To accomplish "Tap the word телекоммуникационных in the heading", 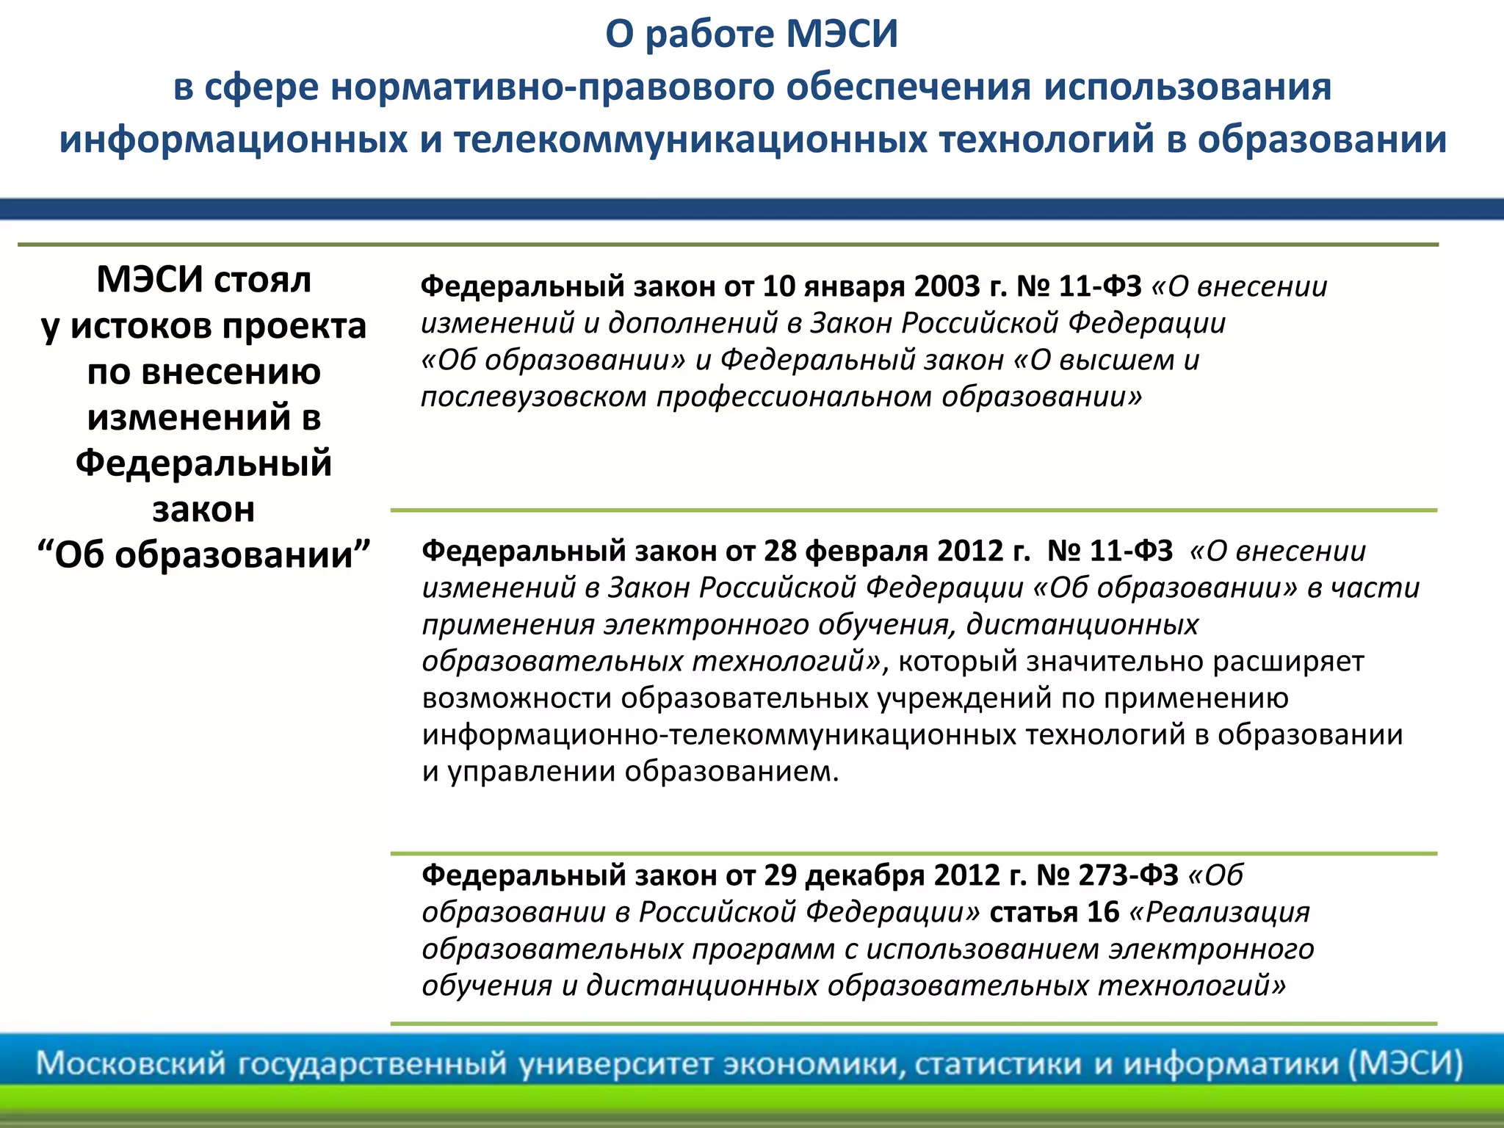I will pyautogui.click(x=690, y=140).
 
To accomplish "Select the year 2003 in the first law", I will pyautogui.click(x=947, y=286).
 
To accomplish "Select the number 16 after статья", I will pyautogui.click(x=1103, y=912).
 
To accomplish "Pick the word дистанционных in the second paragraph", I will pyautogui.click(x=1082, y=624).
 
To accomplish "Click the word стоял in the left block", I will pyautogui.click(x=263, y=280).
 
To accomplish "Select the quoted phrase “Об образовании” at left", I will pyautogui.click(x=204, y=554).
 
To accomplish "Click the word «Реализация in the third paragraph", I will pyautogui.click(x=1219, y=912).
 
